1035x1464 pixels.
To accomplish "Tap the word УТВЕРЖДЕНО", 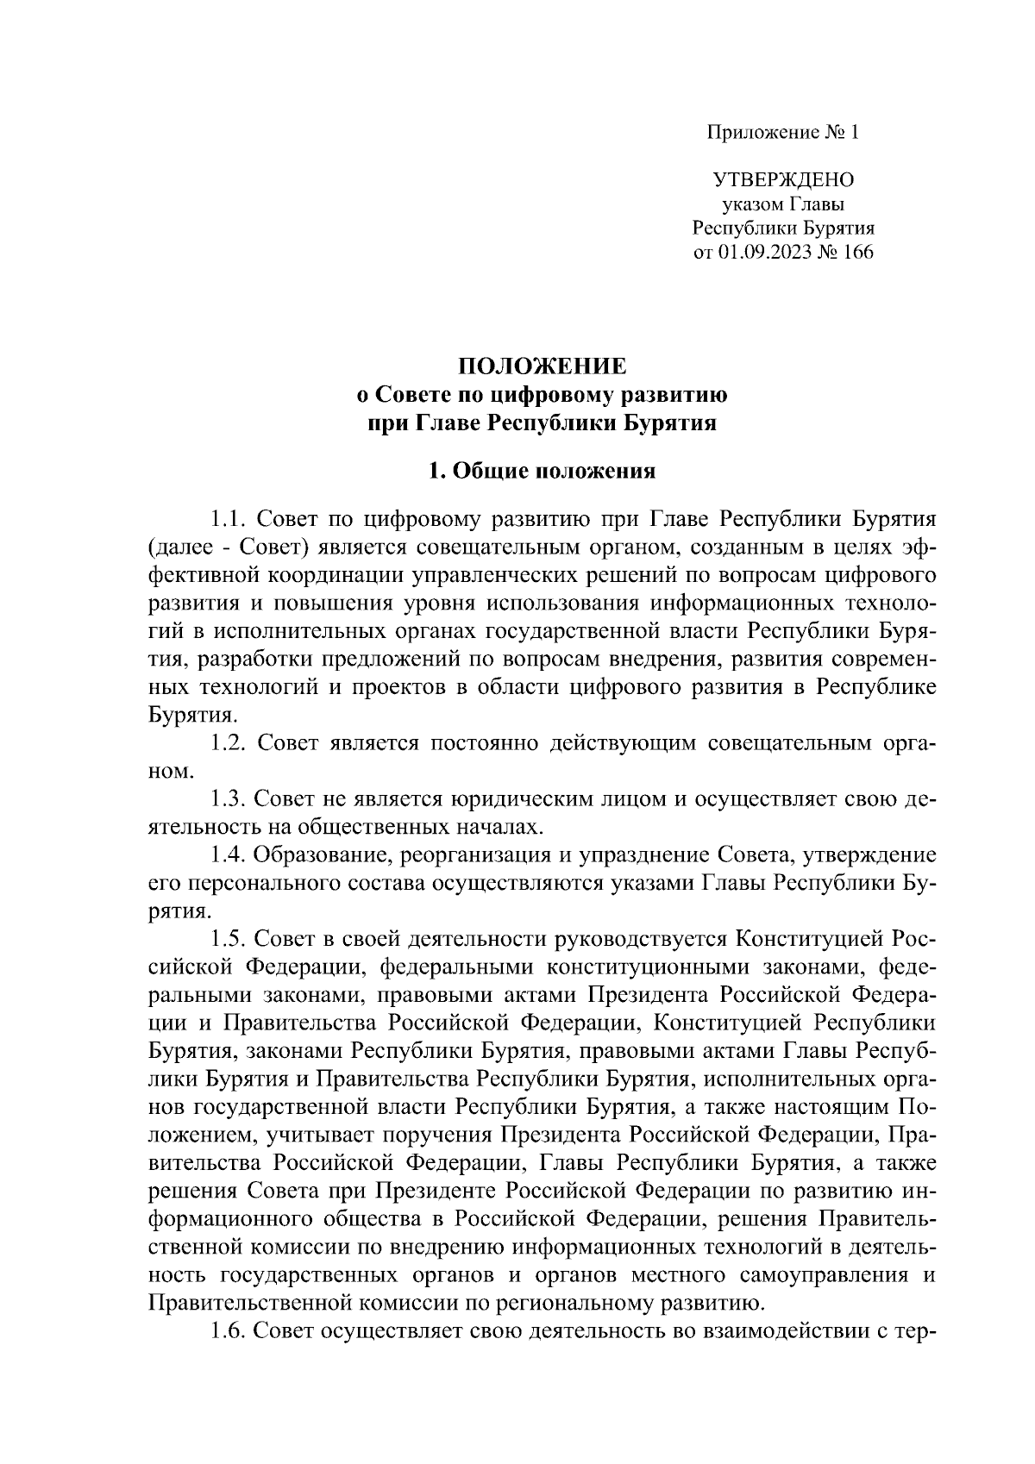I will coord(783,180).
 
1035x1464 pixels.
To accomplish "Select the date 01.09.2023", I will coord(761,253).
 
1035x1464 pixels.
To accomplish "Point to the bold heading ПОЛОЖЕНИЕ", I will coord(543,366).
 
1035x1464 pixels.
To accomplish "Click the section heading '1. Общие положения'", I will coord(543,471).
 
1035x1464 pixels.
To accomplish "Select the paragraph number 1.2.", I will coord(229,743).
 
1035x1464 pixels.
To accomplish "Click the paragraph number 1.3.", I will coord(229,799).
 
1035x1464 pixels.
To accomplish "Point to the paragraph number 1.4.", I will coord(229,855).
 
